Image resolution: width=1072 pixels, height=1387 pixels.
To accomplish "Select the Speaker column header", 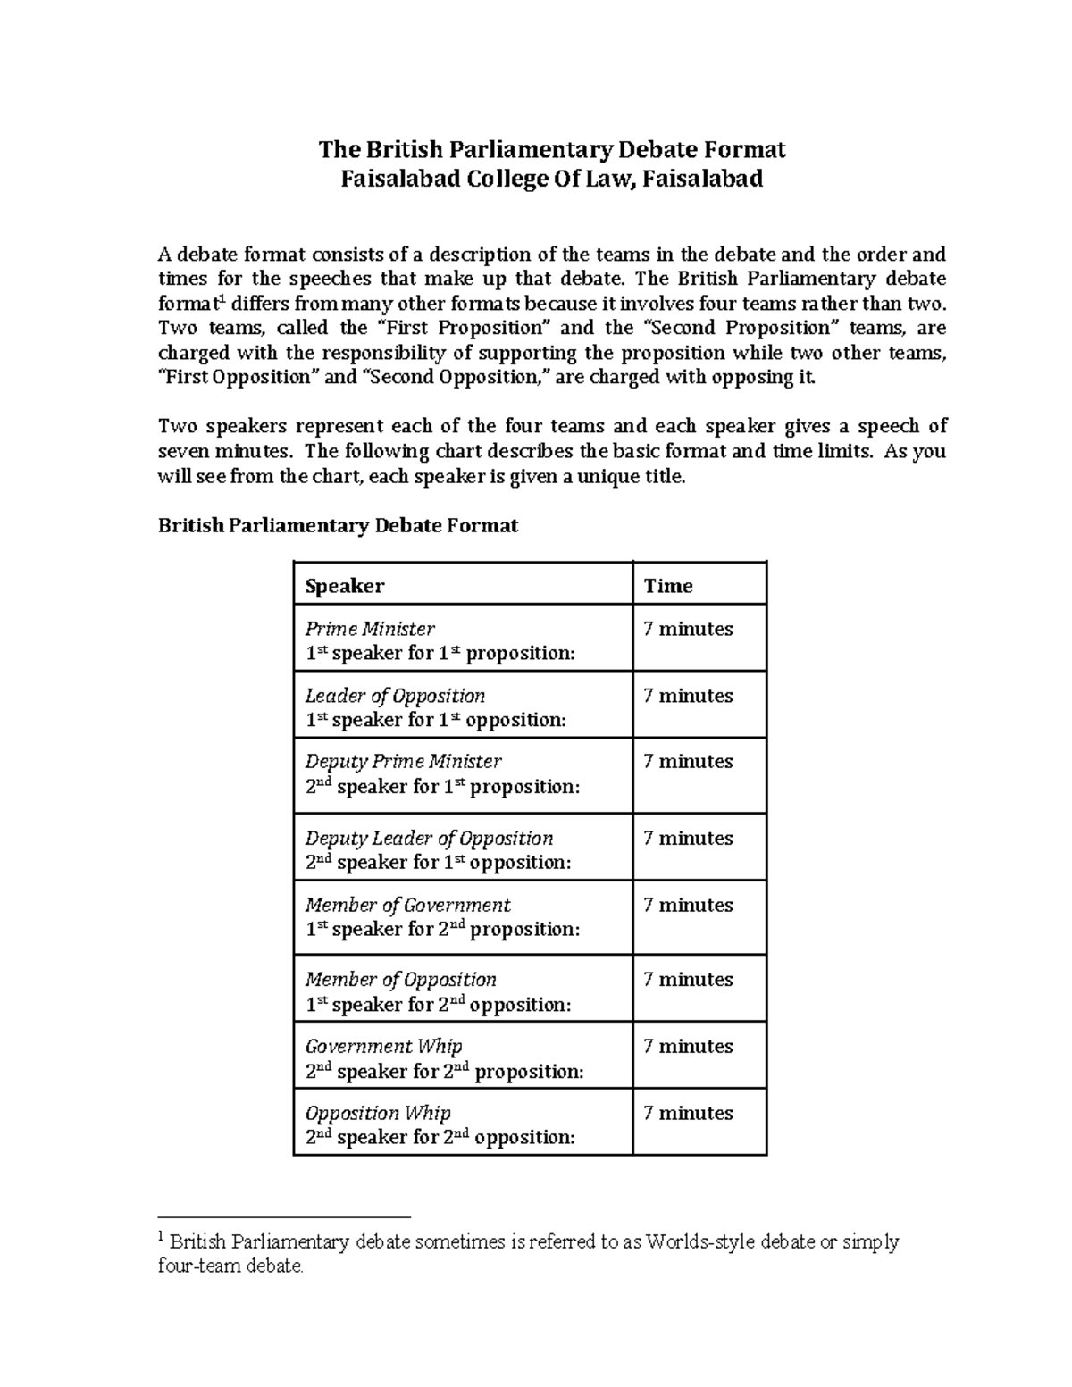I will point(344,586).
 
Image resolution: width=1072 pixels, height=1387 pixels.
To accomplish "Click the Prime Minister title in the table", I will point(370,629).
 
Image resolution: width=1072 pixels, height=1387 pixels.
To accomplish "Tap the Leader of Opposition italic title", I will point(395,696).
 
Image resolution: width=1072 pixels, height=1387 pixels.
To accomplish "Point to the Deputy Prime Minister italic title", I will point(403,762).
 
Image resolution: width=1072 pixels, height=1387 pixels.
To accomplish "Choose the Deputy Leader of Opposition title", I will point(429,839).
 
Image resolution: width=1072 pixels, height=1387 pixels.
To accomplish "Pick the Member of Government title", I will point(407,905).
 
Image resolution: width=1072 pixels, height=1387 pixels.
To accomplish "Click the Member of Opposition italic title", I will point(400,980).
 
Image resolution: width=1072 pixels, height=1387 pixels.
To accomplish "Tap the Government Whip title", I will point(383,1046).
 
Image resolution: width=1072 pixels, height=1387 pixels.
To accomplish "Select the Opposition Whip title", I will point(378,1113).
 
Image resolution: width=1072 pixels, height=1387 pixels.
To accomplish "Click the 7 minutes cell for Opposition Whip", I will point(688,1113).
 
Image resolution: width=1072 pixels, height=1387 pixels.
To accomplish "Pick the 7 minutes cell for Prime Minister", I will point(688,629).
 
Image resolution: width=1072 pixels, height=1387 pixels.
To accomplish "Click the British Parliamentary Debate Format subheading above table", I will point(338,525).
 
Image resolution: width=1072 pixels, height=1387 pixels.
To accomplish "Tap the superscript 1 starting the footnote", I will point(161,1237).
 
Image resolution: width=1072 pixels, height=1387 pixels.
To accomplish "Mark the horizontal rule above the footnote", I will point(283,1216).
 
